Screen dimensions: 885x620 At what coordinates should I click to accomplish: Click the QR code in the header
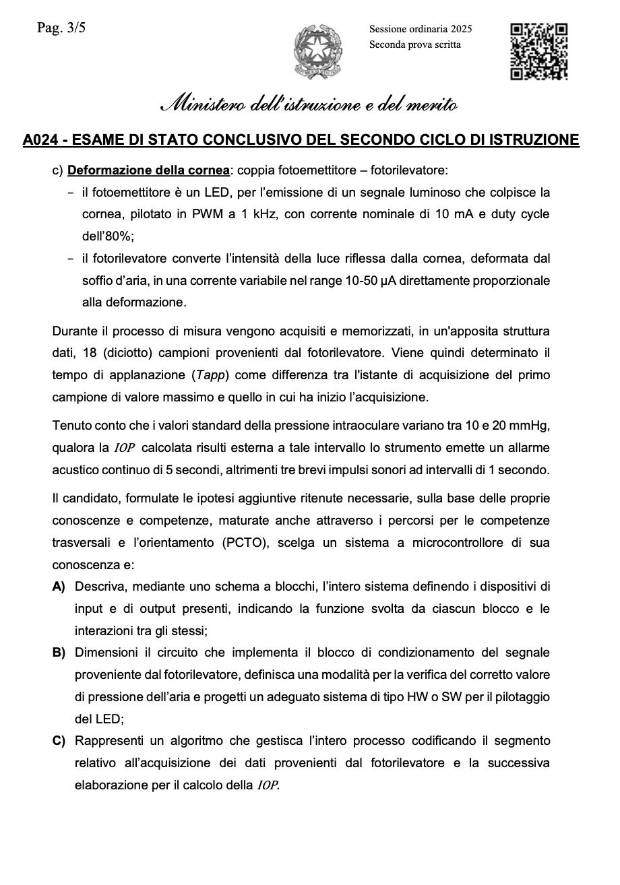click(x=538, y=52)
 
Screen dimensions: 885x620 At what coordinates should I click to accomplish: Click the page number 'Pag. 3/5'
click(x=61, y=28)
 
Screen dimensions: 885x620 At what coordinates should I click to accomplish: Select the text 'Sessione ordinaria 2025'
click(x=421, y=29)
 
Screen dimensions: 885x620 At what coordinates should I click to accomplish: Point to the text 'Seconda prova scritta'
click(x=415, y=44)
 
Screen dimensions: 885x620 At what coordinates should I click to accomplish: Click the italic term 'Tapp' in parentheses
click(x=209, y=375)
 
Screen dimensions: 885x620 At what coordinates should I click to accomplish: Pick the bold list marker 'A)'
click(x=59, y=587)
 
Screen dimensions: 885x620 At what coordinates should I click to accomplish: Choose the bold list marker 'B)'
click(x=59, y=653)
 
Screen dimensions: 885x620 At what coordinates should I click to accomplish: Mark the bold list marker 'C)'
click(x=59, y=742)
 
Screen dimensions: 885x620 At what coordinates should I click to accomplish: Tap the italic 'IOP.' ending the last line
click(x=268, y=785)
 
